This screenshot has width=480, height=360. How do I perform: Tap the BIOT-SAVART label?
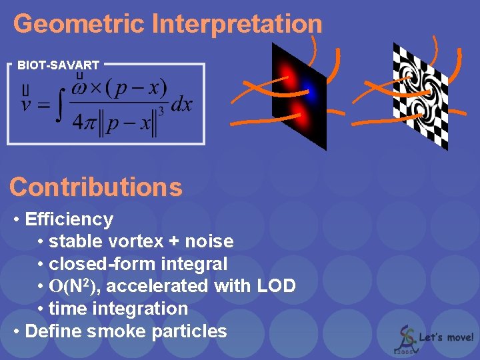click(58, 65)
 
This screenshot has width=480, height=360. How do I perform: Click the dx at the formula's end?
click(182, 104)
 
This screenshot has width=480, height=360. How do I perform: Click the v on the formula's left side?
click(26, 104)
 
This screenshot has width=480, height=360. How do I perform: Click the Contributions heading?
click(96, 187)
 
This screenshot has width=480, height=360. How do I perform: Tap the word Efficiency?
click(69, 219)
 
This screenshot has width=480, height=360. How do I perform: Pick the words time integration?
click(119, 309)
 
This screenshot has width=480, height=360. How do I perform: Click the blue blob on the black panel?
click(307, 87)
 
